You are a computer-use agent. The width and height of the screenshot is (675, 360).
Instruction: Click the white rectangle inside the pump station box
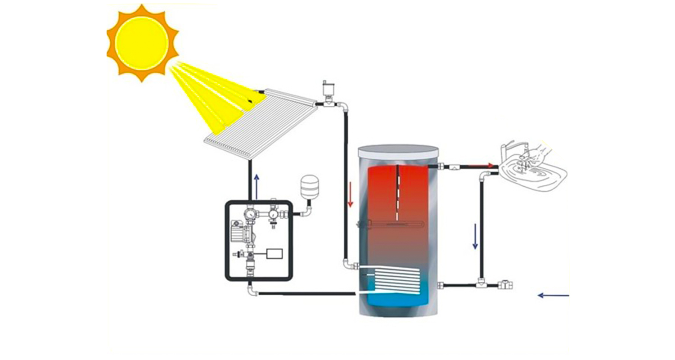pyautogui.click(x=275, y=253)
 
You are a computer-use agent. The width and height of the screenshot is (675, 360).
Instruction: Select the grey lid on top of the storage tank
pyautogui.click(x=398, y=150)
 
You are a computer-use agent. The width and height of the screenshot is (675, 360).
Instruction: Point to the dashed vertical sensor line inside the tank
pyautogui.click(x=398, y=193)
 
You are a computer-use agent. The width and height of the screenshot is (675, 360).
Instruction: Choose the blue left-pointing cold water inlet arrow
pyautogui.click(x=553, y=295)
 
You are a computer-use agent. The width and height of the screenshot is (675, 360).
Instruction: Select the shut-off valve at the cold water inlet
pyautogui.click(x=504, y=284)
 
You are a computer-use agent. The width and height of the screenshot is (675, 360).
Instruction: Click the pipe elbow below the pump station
pyautogui.click(x=252, y=291)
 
